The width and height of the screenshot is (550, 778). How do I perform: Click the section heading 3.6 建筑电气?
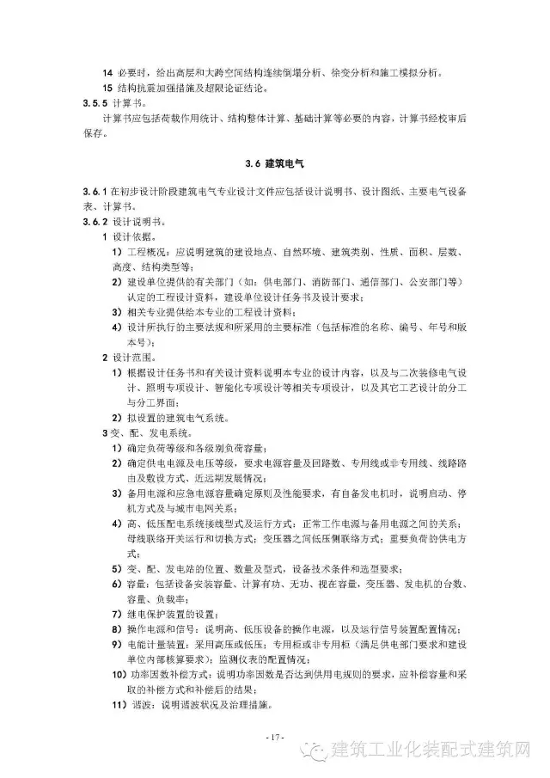[274, 162]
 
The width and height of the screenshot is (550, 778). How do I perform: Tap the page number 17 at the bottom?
[275, 738]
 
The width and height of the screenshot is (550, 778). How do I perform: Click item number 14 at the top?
[107, 73]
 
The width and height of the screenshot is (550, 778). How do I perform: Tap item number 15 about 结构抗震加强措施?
[107, 88]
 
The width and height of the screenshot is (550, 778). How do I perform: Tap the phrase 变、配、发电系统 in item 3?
[144, 432]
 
